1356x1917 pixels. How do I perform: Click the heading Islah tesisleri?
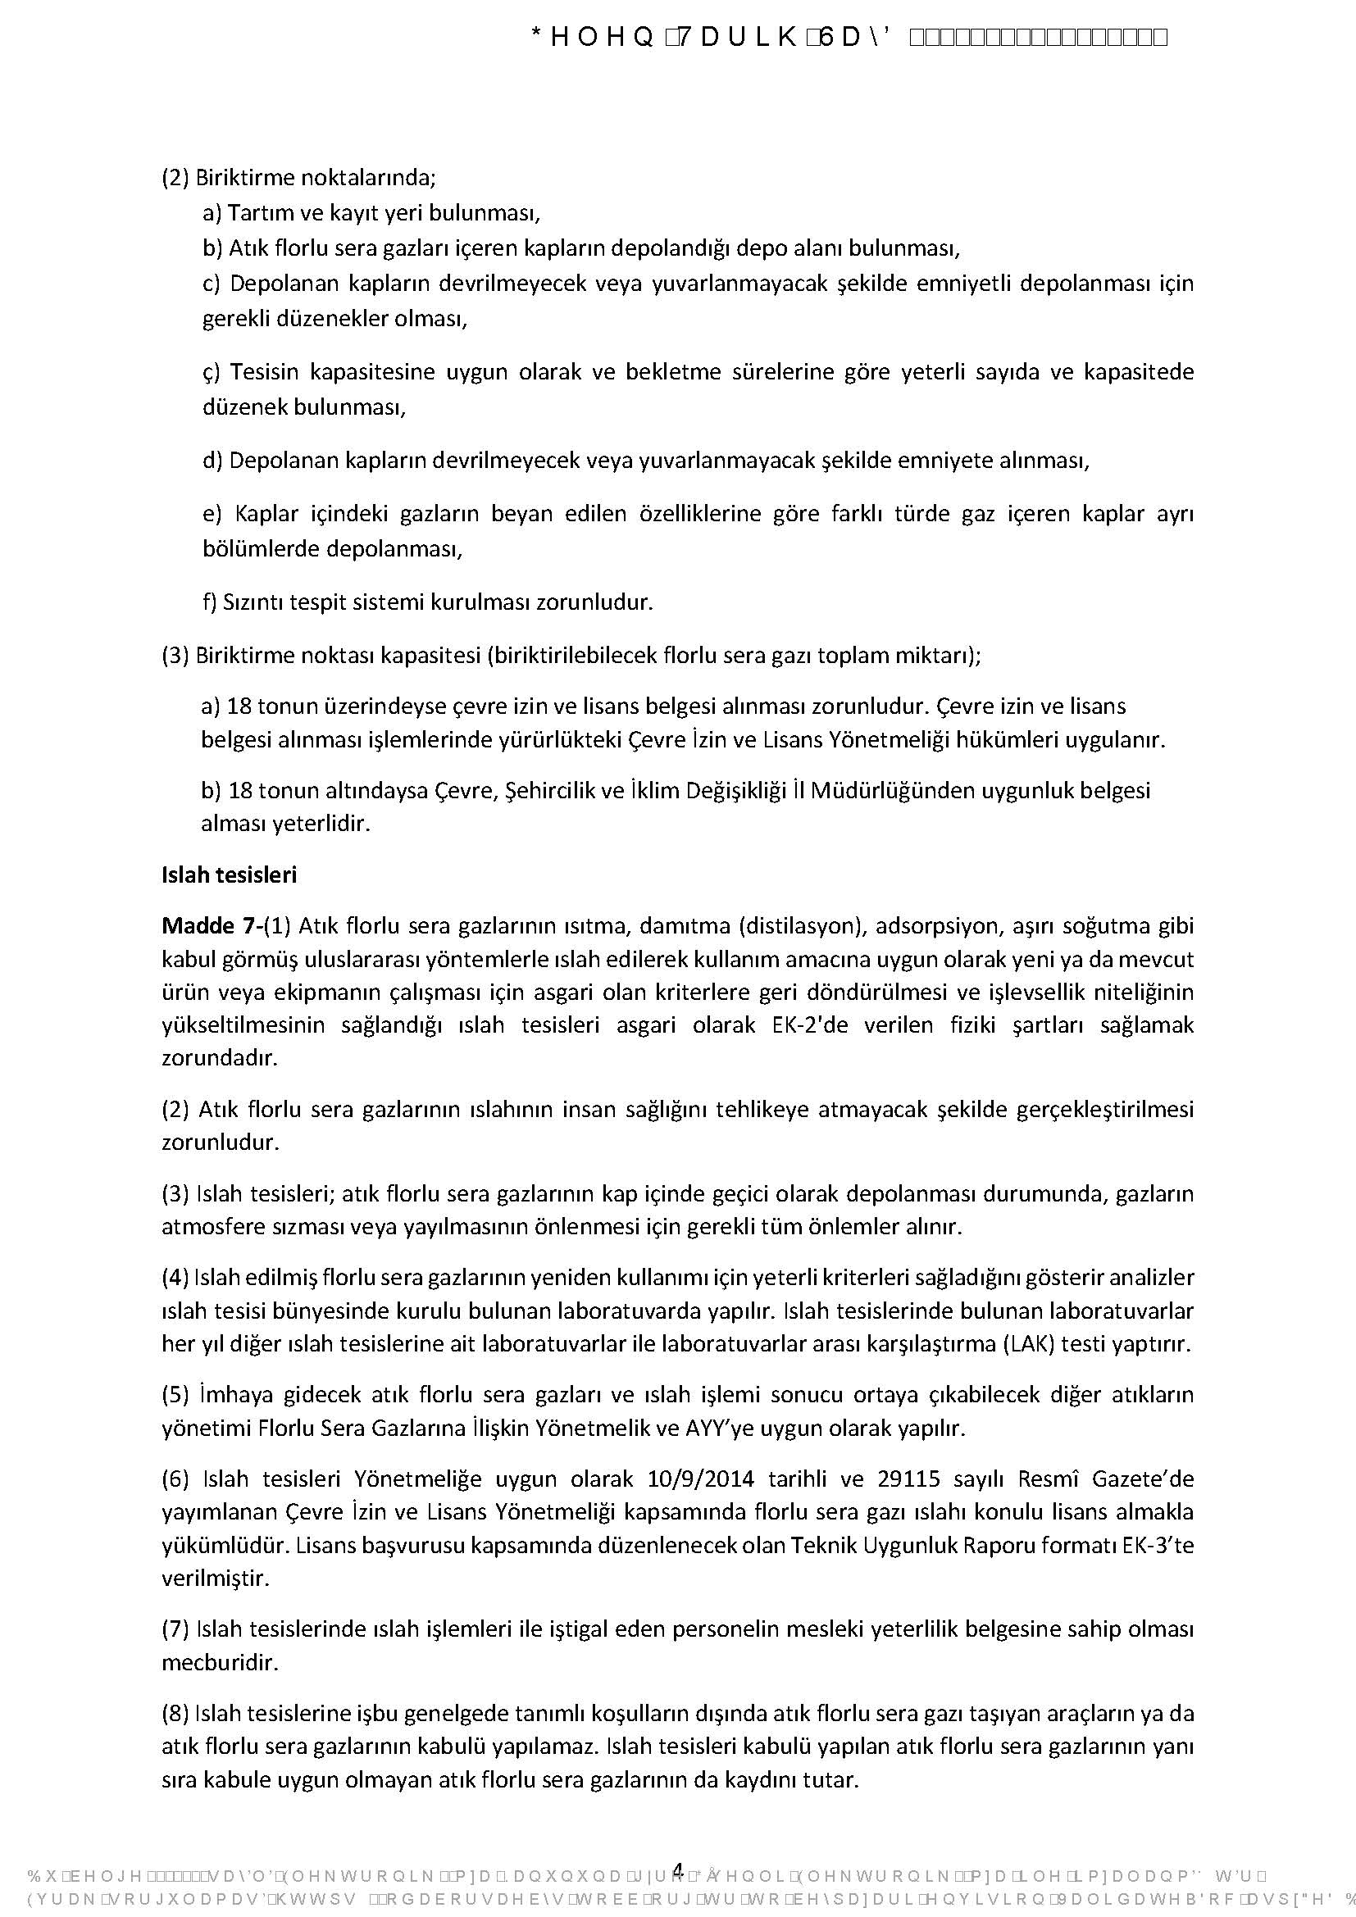click(x=229, y=875)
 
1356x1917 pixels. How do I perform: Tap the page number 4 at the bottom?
click(x=678, y=1869)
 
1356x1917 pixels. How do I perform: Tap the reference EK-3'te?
click(x=1158, y=1545)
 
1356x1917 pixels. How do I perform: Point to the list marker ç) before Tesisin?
click(x=212, y=372)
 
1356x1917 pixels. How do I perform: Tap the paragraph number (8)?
click(x=175, y=1713)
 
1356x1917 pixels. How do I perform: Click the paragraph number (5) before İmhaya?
click(x=175, y=1394)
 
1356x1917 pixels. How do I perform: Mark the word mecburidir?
click(x=220, y=1662)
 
